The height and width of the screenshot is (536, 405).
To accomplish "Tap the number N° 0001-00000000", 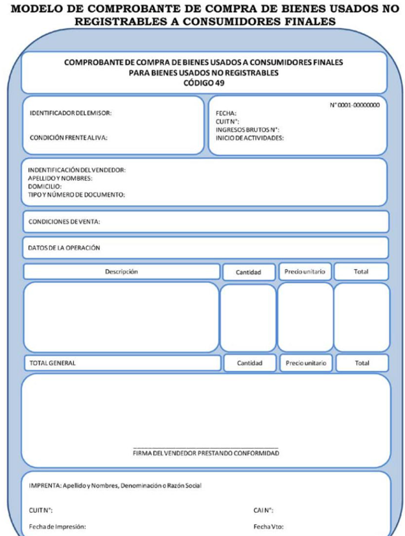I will click(355, 105).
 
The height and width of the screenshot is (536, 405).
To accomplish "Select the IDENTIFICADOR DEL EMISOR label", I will click(71, 113).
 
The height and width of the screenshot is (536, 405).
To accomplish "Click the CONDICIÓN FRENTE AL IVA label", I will click(69, 137).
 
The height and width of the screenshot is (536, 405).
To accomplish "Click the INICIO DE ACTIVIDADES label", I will click(249, 137).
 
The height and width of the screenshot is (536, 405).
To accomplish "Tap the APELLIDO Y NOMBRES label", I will click(60, 178).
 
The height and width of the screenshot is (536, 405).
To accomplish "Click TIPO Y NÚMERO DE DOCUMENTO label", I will click(76, 194).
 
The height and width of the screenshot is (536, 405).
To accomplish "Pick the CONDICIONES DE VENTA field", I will click(65, 221).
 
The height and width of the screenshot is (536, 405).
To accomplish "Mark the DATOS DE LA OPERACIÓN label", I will click(64, 247).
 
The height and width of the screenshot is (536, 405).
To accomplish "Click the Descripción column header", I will click(121, 272).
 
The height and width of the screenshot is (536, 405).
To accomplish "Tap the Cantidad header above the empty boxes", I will click(249, 273).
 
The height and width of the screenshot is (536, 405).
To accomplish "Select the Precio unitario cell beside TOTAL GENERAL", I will click(305, 363).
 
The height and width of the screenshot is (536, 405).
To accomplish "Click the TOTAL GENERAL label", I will click(52, 363).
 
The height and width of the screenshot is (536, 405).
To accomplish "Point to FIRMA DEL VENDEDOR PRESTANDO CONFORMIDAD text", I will click(205, 453).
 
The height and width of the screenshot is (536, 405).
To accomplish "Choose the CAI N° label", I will click(262, 510).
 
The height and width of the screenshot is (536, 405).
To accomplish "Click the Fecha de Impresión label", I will click(58, 526).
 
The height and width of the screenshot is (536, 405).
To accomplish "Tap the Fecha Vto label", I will click(268, 526).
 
